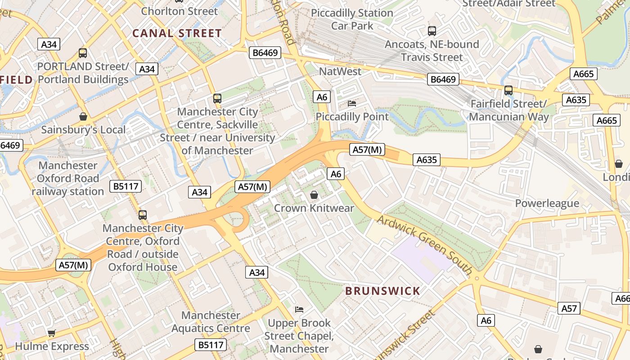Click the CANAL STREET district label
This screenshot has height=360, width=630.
(177, 33)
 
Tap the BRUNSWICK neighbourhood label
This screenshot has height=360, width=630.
(382, 291)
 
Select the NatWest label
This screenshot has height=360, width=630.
(340, 72)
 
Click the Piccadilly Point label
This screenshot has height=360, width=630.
(352, 117)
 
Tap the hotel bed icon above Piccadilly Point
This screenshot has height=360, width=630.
(352, 103)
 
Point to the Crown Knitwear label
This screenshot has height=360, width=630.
(314, 208)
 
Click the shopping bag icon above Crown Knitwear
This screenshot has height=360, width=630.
(314, 195)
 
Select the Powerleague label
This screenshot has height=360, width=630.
(547, 203)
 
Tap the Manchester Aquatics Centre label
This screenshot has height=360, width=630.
(211, 322)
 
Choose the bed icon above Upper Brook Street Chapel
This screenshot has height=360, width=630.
(299, 310)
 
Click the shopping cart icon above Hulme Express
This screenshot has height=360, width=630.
(52, 333)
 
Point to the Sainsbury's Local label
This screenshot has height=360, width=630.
(83, 130)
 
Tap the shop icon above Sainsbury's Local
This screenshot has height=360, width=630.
(83, 117)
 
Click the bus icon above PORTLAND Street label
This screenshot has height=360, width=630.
(83, 53)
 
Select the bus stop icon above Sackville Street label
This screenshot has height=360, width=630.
(217, 99)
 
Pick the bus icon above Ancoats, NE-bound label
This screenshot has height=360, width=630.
(432, 31)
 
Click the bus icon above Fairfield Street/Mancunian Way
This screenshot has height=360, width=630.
(508, 90)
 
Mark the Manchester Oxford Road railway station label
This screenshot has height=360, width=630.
(67, 178)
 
